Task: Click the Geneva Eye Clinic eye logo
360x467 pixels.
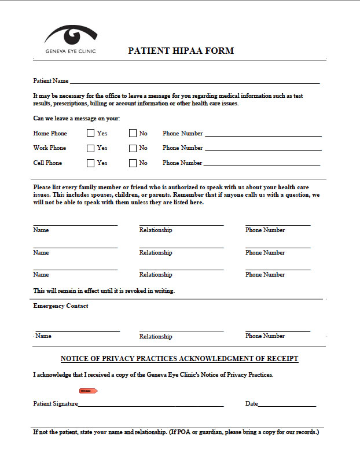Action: pos(71,35)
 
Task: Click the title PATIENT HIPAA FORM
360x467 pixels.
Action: pos(181,51)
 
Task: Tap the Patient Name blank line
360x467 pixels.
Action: pos(194,83)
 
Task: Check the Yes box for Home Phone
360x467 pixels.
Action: pos(90,133)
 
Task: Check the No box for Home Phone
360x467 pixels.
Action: pos(133,133)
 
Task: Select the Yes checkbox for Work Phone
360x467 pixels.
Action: pos(90,148)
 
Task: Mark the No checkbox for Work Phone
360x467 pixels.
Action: pos(133,148)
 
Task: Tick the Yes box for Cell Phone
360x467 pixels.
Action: pos(90,163)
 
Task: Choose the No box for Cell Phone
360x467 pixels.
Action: pos(133,163)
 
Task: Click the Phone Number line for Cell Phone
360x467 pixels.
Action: pos(262,165)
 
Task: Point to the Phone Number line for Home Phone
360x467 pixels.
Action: pos(263,135)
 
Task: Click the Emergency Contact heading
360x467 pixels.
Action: pos(61,306)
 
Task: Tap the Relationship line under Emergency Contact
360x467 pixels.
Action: pos(181,331)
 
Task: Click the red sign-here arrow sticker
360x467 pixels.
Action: pos(89,391)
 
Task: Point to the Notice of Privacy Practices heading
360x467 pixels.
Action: pos(179,359)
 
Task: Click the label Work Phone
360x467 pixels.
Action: pos(50,148)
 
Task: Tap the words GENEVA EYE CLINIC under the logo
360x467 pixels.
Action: pos(71,51)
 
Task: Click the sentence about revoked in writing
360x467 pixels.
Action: pos(104,291)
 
